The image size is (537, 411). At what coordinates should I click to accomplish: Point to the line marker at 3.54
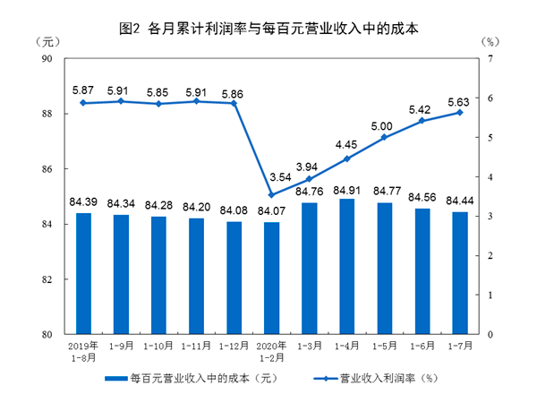(272, 194)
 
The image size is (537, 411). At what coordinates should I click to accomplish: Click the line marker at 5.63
(460, 112)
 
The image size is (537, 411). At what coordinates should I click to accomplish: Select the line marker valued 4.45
(347, 158)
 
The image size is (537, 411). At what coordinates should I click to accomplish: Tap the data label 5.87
(83, 90)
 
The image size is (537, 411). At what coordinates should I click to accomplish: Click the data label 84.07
(272, 211)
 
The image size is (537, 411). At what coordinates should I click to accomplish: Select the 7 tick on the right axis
(491, 59)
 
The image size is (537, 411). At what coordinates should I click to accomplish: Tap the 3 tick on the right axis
(491, 217)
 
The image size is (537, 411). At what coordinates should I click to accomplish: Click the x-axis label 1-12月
(234, 345)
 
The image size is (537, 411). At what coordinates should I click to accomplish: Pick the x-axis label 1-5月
(385, 345)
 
